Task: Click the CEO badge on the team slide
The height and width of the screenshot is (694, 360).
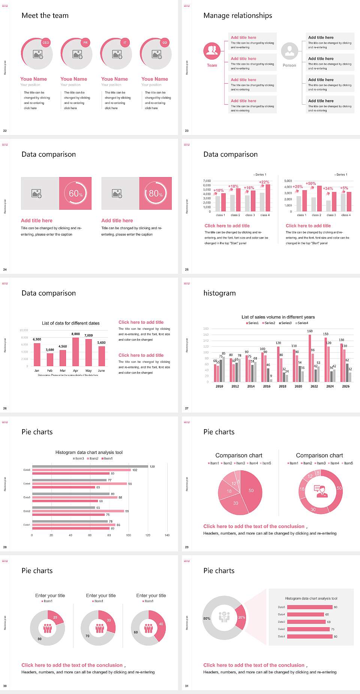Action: (x=46, y=43)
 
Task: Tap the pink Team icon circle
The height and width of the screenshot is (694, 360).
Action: (x=212, y=51)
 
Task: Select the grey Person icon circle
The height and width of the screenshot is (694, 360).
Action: (x=289, y=51)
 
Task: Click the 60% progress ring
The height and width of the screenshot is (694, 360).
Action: (x=76, y=193)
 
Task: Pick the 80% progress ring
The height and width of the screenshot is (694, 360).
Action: (x=156, y=193)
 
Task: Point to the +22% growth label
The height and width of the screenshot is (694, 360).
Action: (x=264, y=182)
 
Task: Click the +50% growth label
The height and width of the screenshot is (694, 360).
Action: (x=311, y=183)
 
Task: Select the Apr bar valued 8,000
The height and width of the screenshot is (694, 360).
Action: (x=76, y=352)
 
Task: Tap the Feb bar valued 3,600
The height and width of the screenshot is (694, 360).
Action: (x=50, y=359)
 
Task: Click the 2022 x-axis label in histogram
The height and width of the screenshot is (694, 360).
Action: (x=314, y=386)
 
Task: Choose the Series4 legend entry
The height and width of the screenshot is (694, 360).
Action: (x=302, y=323)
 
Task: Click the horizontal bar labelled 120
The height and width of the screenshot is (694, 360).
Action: (x=90, y=467)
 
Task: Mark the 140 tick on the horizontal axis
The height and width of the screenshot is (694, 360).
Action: (x=167, y=535)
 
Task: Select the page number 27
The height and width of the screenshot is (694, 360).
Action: (x=187, y=408)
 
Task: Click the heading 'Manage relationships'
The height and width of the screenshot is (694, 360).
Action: (x=238, y=15)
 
